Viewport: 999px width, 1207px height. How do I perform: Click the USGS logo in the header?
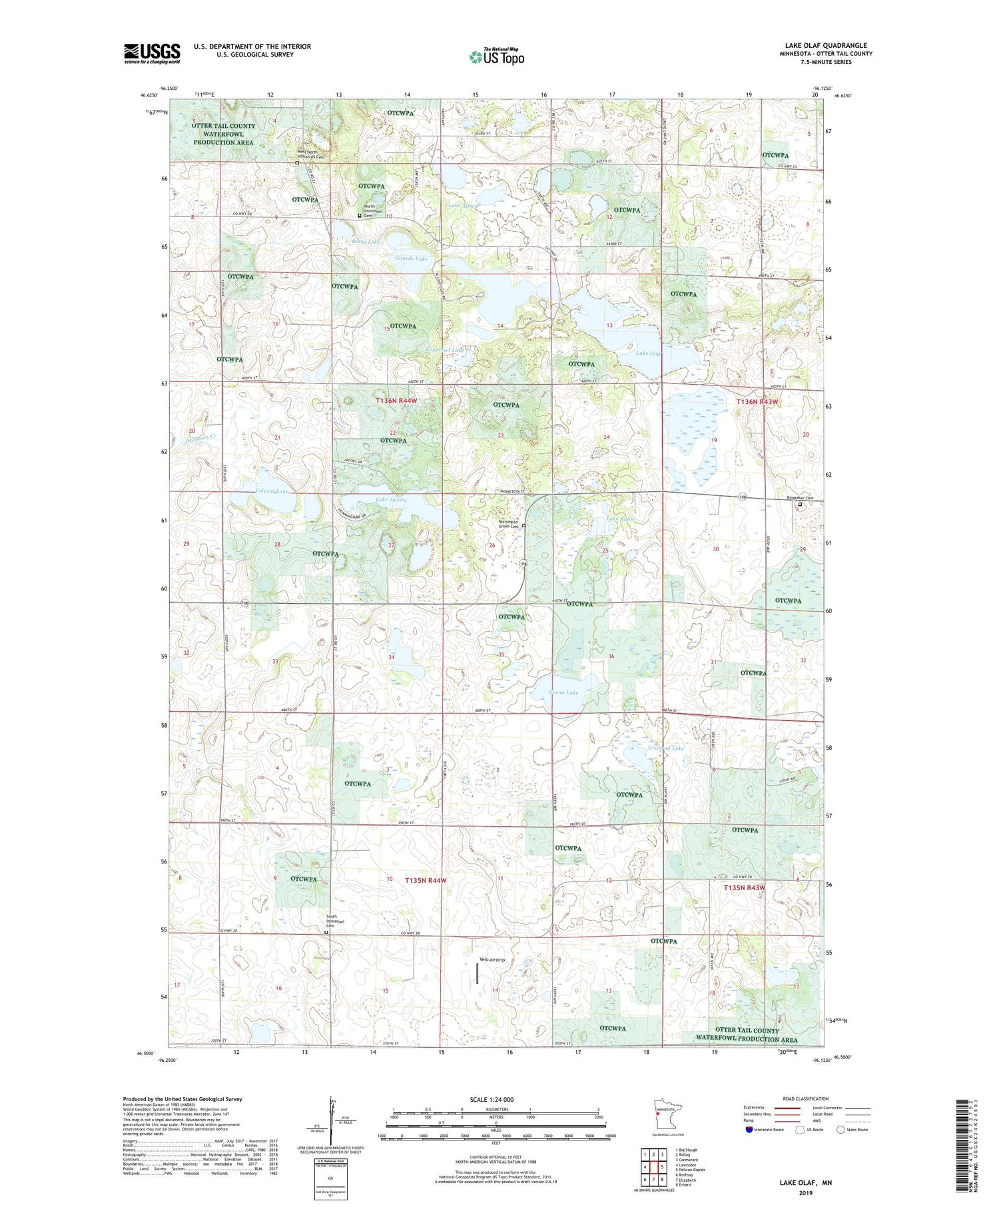point(152,53)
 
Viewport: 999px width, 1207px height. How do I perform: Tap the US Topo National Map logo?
point(496,57)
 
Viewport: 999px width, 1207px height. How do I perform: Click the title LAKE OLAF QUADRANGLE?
point(826,45)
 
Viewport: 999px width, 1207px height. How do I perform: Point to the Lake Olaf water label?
point(647,354)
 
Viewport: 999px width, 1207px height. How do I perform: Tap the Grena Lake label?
point(563,692)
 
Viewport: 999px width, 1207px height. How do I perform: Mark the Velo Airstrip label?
point(492,959)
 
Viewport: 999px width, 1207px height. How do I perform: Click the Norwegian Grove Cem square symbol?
point(523,526)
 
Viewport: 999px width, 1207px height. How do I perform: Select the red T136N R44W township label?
point(396,400)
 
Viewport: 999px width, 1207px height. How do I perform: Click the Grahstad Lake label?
point(665,748)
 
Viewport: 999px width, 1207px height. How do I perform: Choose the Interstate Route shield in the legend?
point(749,1129)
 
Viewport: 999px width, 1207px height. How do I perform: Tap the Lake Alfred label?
point(462,206)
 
